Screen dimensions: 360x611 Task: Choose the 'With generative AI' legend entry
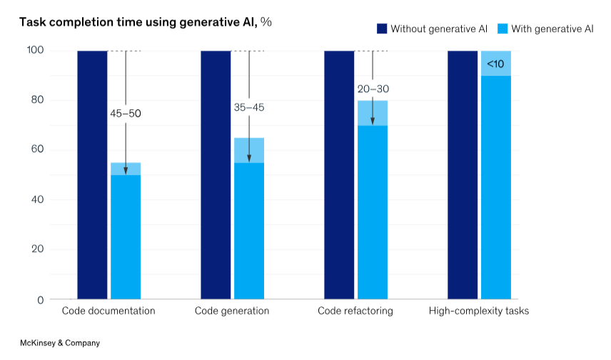pyautogui.click(x=547, y=29)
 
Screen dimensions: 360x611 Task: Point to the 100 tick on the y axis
pyautogui.click(x=36, y=51)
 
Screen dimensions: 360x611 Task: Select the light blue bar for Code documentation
pyautogui.click(x=126, y=236)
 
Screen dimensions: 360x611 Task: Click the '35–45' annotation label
pyautogui.click(x=248, y=107)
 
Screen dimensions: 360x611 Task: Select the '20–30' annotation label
pyautogui.click(x=372, y=89)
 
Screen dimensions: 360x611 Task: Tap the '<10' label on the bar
pyautogui.click(x=495, y=64)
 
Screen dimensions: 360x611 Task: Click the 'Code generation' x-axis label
pyautogui.click(x=232, y=311)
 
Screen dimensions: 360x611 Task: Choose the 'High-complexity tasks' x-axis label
pyautogui.click(x=478, y=311)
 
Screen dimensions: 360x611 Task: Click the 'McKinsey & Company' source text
pyautogui.click(x=59, y=343)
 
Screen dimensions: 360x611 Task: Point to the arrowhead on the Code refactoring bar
pyautogui.click(x=373, y=121)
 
